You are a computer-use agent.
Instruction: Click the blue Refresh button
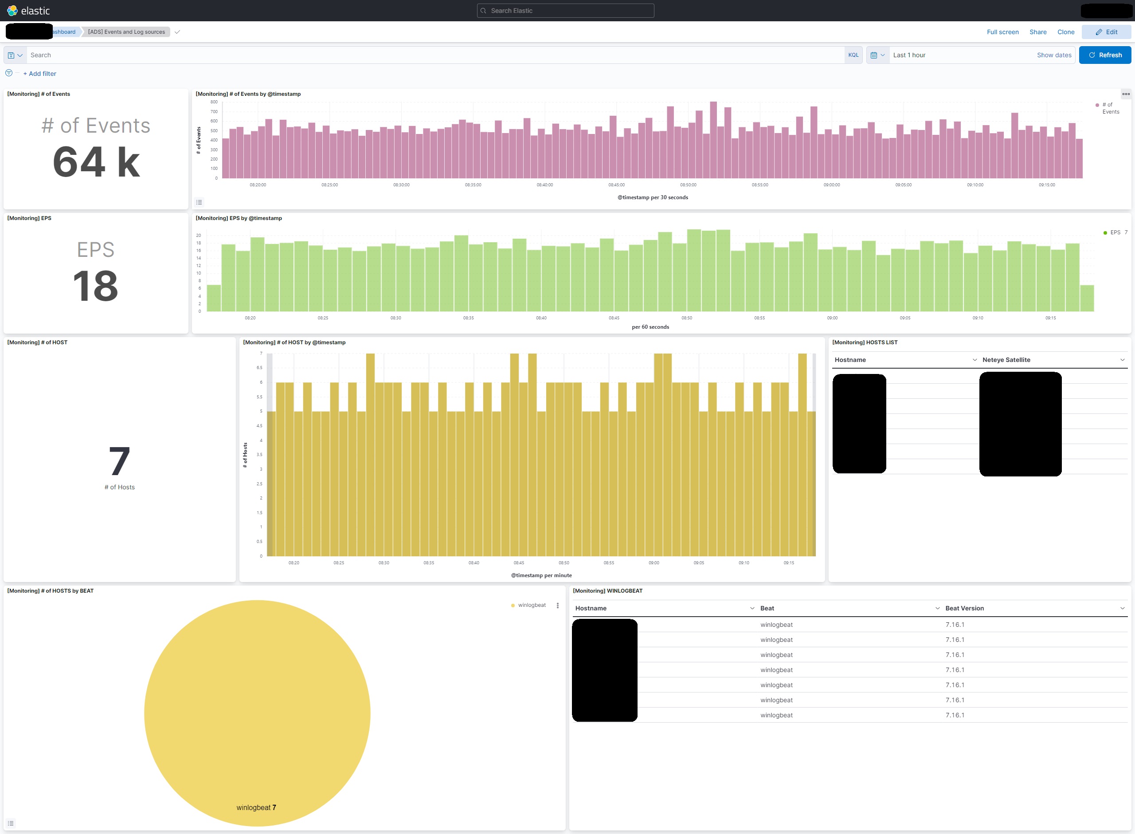point(1105,55)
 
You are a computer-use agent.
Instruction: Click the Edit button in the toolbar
point(1106,32)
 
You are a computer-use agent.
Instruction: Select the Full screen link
point(1002,32)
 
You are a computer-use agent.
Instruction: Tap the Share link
point(1037,32)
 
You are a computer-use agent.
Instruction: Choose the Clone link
point(1065,32)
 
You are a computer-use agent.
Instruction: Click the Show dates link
point(1054,55)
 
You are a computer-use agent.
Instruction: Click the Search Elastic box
point(565,11)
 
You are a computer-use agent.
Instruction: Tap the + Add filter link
point(40,74)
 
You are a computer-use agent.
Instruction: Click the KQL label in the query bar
point(853,55)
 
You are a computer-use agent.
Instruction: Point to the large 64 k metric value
point(96,162)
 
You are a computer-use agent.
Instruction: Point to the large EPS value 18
point(95,286)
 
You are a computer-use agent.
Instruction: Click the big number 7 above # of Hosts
point(120,461)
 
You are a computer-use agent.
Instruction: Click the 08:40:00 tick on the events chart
point(545,185)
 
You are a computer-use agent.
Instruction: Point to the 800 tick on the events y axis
point(214,102)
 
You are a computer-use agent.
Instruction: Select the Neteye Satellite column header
point(1006,360)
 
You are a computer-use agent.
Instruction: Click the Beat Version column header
point(964,608)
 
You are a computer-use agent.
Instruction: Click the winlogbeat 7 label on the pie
point(256,808)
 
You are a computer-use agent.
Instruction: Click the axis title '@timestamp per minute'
point(541,575)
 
